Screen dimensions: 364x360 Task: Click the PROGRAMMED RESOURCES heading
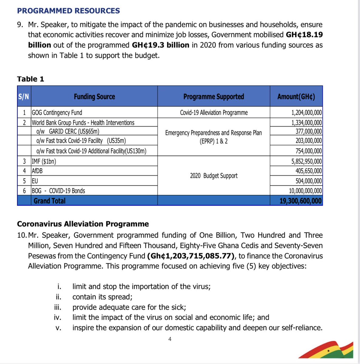tap(68, 11)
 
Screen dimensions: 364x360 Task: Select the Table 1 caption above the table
tap(31, 79)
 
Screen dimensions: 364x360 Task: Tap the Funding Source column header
tap(94, 96)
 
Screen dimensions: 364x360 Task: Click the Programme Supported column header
tap(214, 96)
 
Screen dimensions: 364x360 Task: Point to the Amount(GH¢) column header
tap(296, 96)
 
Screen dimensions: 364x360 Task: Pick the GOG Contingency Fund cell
tap(57, 113)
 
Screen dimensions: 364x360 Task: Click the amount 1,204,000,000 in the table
tap(306, 113)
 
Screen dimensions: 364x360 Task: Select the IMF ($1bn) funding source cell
tap(44, 161)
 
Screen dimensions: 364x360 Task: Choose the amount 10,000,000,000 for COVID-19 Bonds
tap(305, 191)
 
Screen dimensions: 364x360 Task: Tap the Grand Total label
tap(49, 201)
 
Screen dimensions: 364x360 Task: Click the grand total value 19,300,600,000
tap(300, 201)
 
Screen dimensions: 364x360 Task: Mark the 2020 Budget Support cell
tap(214, 176)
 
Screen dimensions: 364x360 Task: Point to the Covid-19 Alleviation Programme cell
tap(214, 113)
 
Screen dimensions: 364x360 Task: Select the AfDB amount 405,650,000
tap(308, 171)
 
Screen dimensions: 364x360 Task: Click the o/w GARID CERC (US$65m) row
tap(68, 131)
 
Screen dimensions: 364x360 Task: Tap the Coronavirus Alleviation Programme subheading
tap(83, 224)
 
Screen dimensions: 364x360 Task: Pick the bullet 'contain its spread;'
tap(102, 297)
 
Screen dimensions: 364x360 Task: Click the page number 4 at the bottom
tap(170, 339)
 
